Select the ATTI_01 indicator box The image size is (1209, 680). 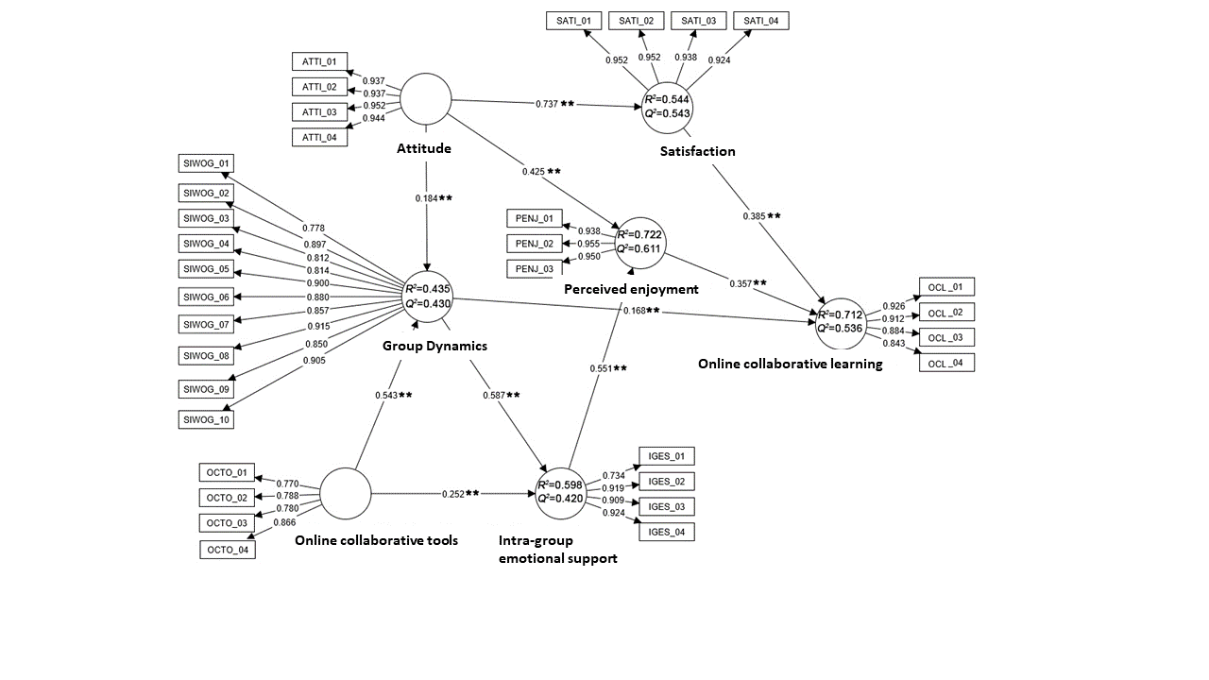[320, 62]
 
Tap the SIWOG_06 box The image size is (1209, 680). [207, 297]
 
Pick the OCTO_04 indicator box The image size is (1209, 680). [228, 549]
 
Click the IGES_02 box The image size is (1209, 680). [667, 482]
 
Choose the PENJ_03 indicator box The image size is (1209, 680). [536, 269]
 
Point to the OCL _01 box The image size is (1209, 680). [945, 287]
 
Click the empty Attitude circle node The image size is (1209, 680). [426, 98]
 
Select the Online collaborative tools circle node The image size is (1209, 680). [345, 494]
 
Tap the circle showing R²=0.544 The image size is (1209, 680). [667, 106]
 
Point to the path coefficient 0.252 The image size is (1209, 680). [453, 494]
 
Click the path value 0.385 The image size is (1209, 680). [754, 216]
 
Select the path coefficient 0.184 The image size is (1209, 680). [426, 198]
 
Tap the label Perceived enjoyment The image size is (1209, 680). [631, 289]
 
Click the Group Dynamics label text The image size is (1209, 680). [434, 346]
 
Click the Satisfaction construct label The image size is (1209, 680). [698, 151]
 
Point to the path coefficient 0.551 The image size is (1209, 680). [601, 368]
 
